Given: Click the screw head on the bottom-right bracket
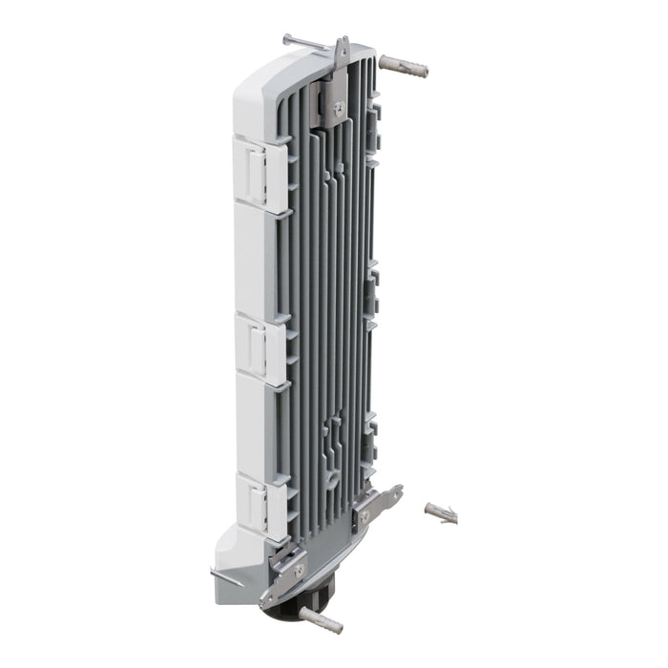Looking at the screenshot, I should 364,515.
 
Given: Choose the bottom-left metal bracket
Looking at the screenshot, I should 286,577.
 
